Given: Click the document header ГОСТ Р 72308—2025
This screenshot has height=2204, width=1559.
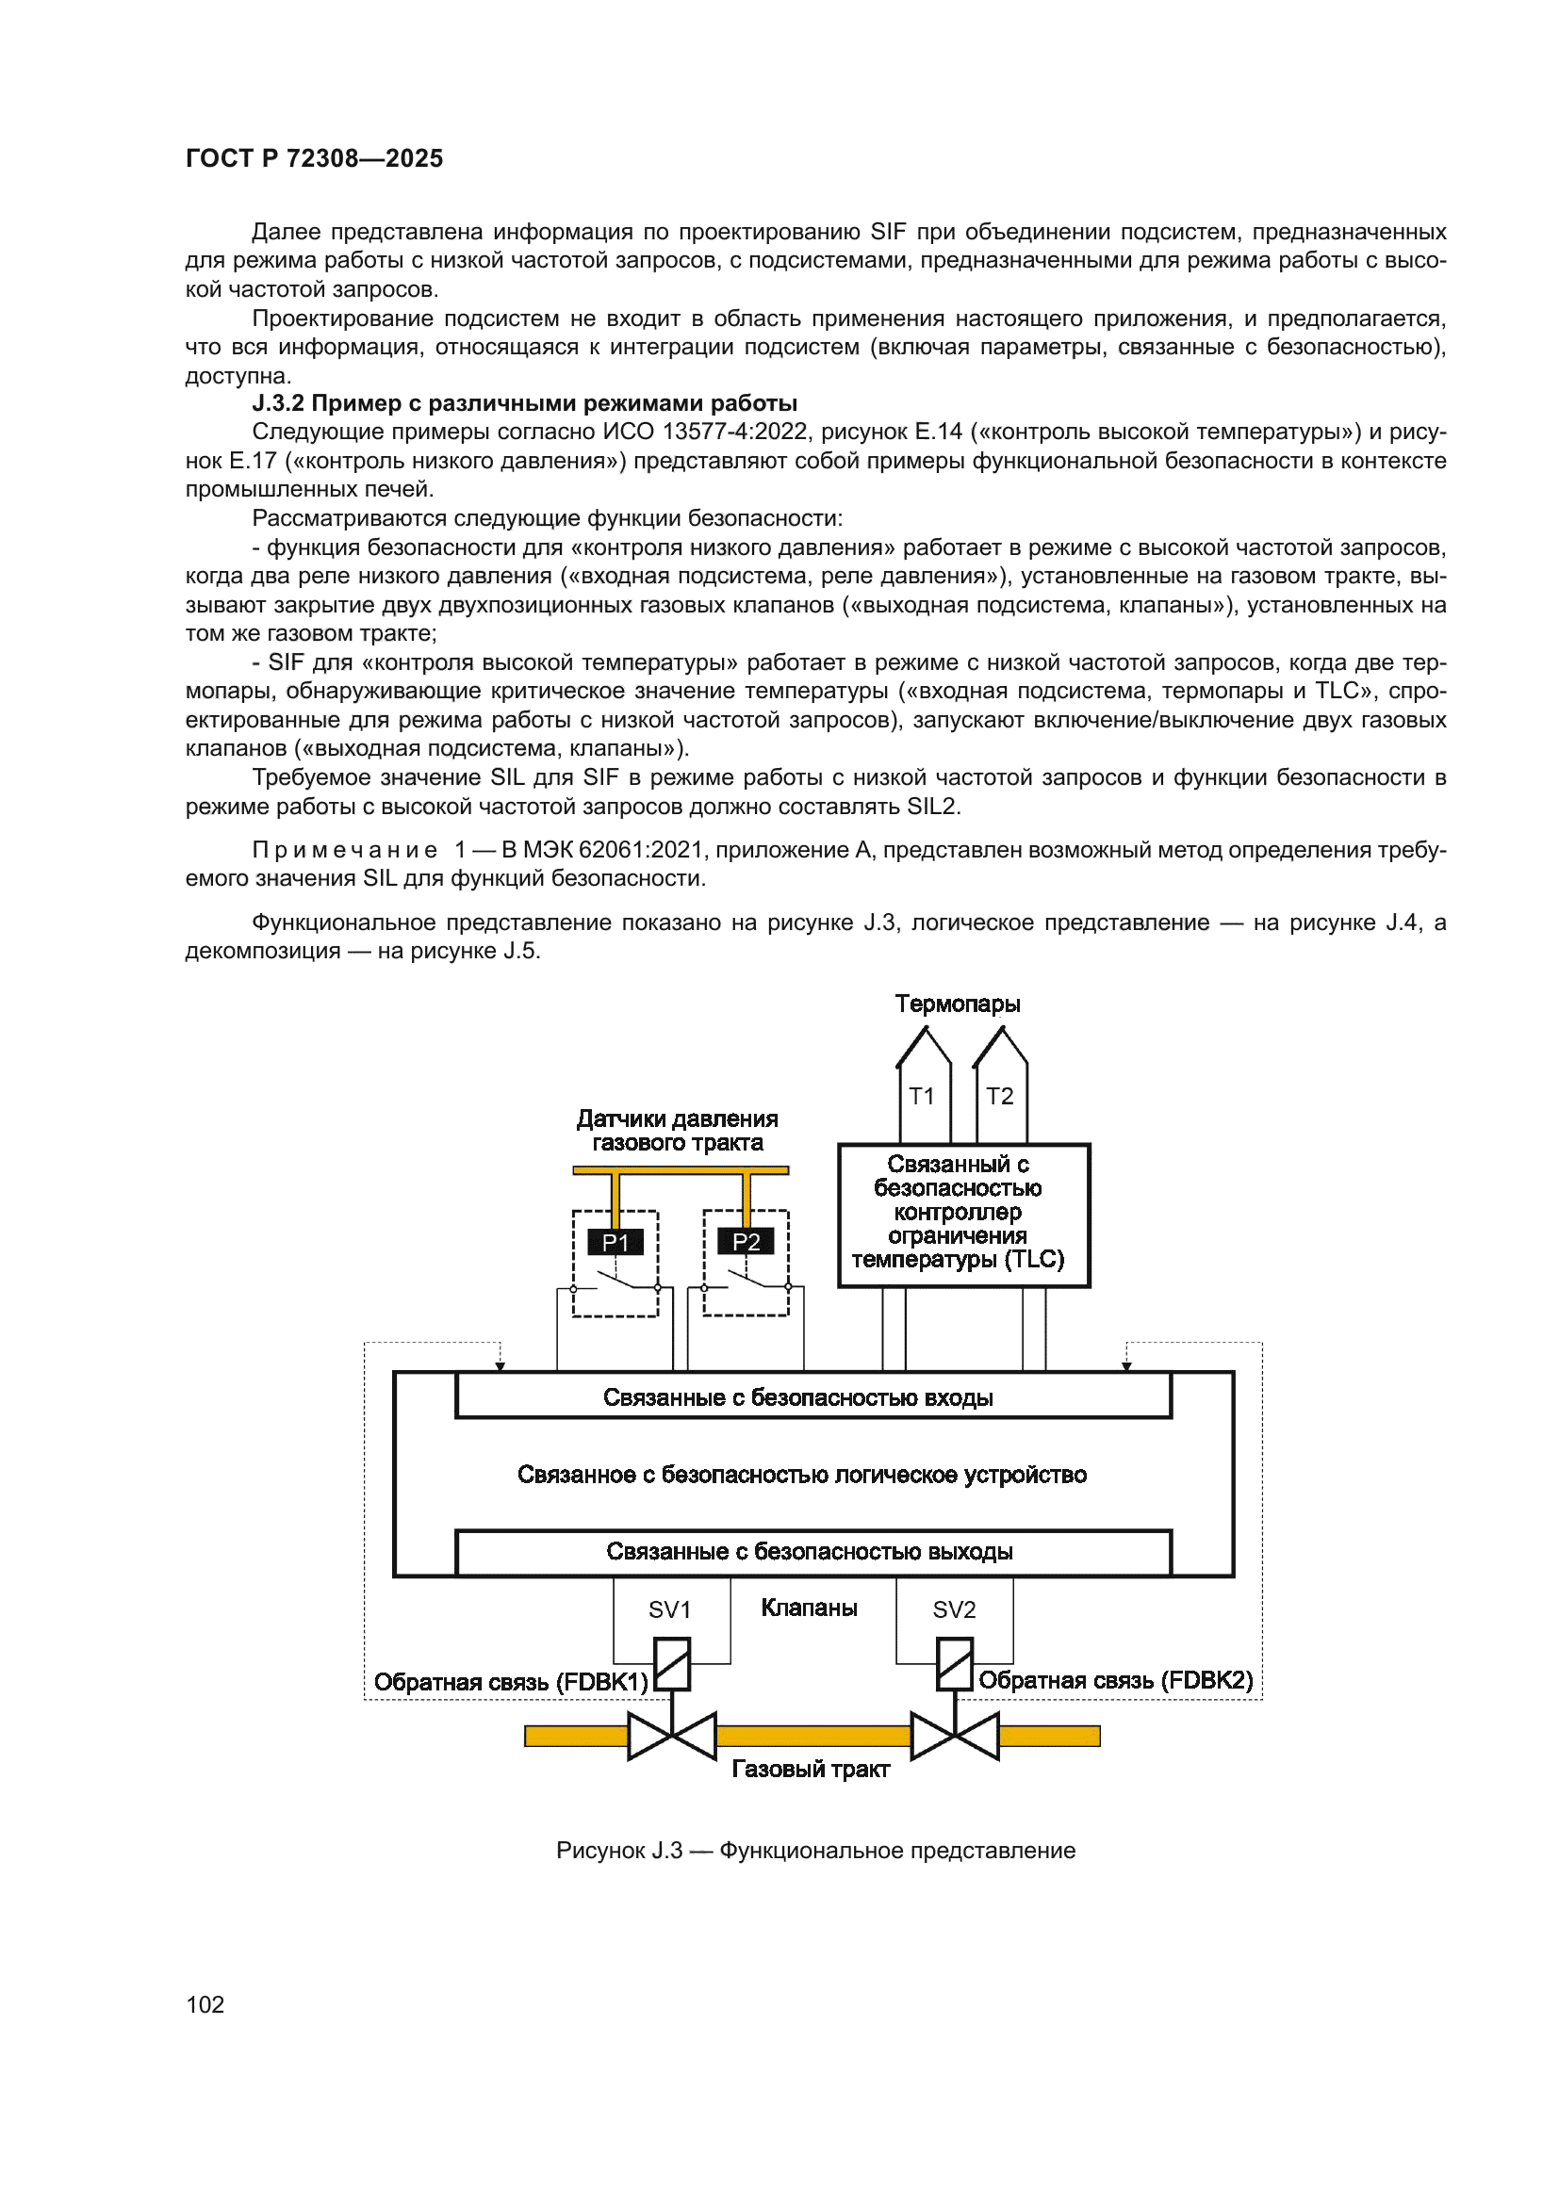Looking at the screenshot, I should point(314,158).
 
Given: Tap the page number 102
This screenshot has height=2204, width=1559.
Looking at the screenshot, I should point(205,2004).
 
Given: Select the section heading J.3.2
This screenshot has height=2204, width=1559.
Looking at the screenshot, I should point(524,403).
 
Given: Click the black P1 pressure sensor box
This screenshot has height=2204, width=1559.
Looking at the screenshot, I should point(615,1242).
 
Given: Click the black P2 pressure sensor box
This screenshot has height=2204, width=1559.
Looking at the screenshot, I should point(746,1242).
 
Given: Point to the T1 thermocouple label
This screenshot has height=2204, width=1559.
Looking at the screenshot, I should point(922,1096).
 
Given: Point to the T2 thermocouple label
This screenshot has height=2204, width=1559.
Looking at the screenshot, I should point(999,1096).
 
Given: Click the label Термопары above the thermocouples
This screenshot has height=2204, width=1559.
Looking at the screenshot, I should point(957,1004).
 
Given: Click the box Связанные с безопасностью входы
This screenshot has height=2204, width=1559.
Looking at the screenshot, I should point(812,1397).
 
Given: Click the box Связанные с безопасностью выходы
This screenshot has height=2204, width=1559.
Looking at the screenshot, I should point(812,1552).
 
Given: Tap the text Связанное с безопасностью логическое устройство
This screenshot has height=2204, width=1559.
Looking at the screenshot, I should point(801,1475).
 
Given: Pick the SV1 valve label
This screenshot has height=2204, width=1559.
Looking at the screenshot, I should point(669,1609).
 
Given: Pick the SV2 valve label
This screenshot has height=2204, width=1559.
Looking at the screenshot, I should point(953,1609).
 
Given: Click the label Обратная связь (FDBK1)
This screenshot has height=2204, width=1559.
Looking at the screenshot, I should point(511,1682).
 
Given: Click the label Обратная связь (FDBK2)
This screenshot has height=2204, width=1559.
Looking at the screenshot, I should point(1115,1680).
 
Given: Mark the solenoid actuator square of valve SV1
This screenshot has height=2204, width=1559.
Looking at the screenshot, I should point(672,1663).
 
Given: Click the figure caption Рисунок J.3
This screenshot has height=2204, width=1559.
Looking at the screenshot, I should point(815,1851).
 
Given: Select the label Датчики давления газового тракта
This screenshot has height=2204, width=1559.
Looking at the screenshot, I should point(677,1131).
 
